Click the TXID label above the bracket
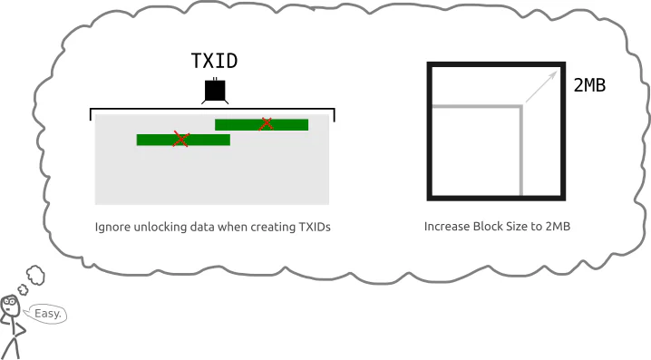214,61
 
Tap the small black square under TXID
215,91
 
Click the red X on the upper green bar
266,123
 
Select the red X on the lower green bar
181,139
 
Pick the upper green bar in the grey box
261,124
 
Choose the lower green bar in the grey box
183,140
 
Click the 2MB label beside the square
589,85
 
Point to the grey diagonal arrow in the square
541,86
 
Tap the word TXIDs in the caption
315,227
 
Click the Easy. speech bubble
45,314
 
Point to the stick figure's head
10,306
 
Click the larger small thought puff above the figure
35,275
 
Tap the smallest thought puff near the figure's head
23,289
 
